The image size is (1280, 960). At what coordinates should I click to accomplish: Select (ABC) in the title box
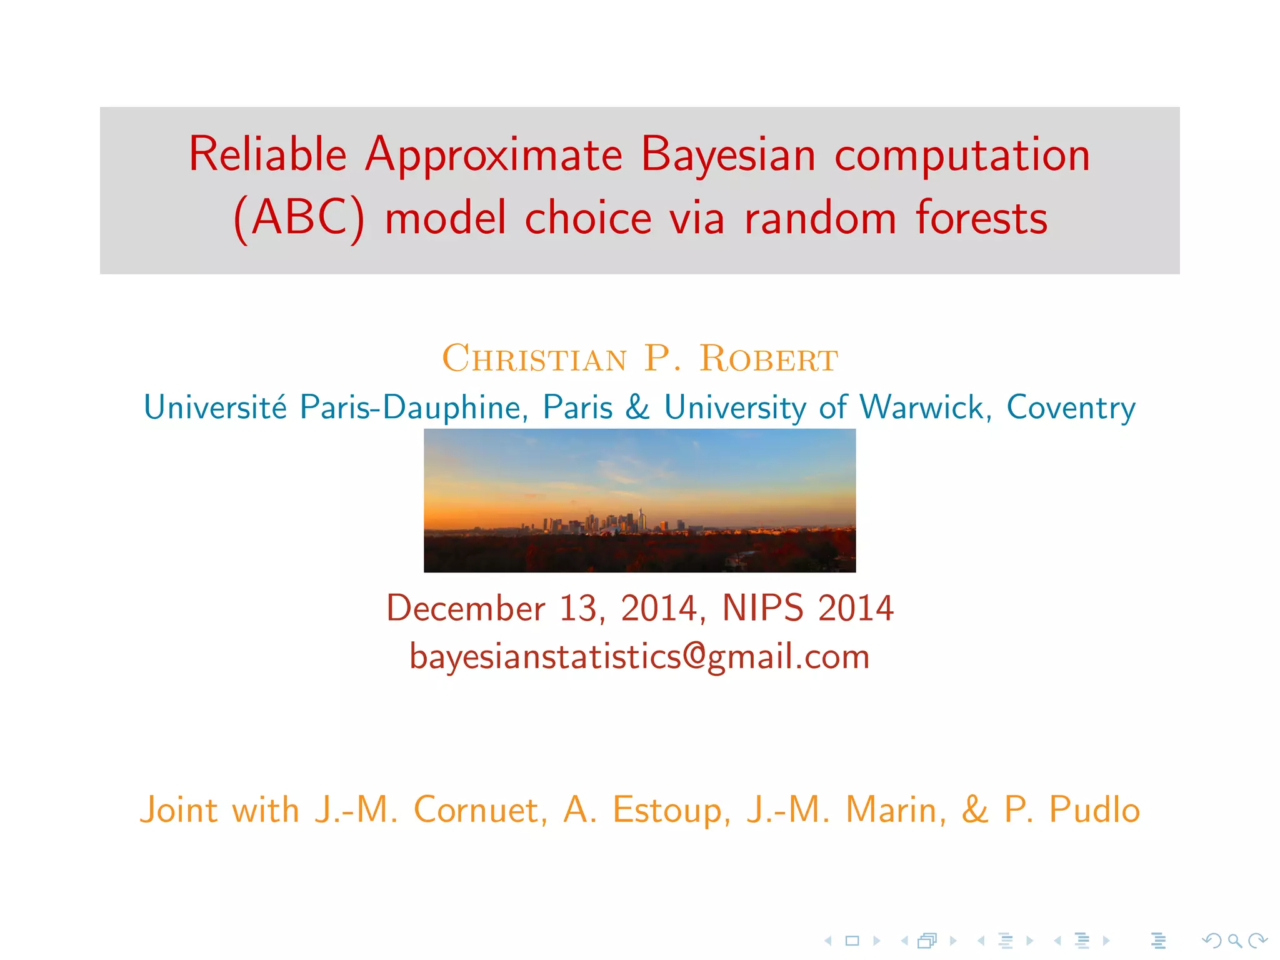point(299,218)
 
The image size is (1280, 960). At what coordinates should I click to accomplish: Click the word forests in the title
point(981,218)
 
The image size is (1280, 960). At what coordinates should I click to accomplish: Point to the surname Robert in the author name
point(768,359)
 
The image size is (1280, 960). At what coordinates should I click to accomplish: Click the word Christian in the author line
point(534,359)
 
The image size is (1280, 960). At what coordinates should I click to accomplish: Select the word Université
point(215,407)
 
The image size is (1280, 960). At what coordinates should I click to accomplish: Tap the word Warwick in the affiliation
point(921,407)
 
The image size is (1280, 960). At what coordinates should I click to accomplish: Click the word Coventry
point(1070,407)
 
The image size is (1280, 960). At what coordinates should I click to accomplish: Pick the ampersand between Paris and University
point(637,407)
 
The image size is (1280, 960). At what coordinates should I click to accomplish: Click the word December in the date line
point(466,608)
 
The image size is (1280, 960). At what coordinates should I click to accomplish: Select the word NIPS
point(762,608)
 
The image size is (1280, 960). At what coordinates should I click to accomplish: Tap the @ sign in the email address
point(694,656)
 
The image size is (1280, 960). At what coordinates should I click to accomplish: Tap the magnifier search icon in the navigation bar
point(1234,940)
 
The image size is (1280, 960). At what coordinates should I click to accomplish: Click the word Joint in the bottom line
point(178,810)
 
